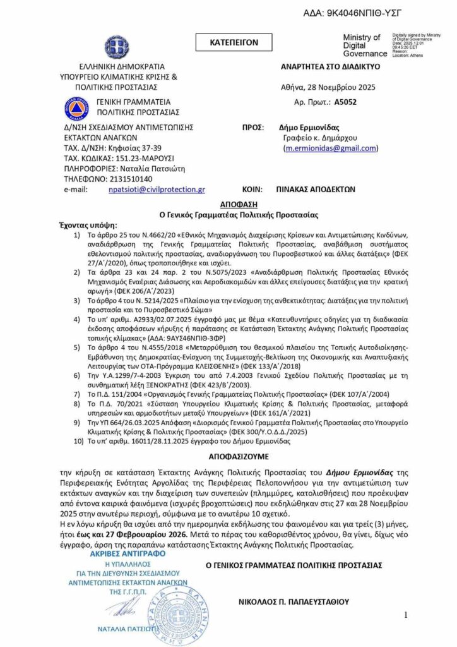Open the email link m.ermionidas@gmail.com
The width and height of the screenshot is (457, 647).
[331, 148]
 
